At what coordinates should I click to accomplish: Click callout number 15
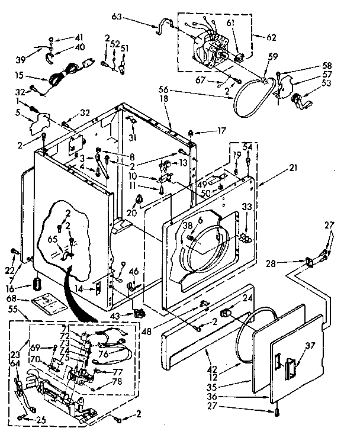click(x=21, y=75)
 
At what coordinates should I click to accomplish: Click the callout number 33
click(x=247, y=206)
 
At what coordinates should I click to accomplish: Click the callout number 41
click(x=62, y=37)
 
